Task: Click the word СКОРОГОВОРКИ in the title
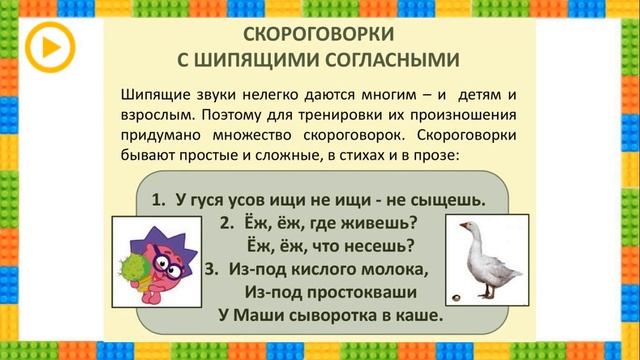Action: (x=318, y=34)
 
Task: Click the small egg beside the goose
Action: (x=457, y=294)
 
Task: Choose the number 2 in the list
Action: (x=225, y=222)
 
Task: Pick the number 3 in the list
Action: (x=210, y=269)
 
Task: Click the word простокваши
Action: (x=358, y=292)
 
